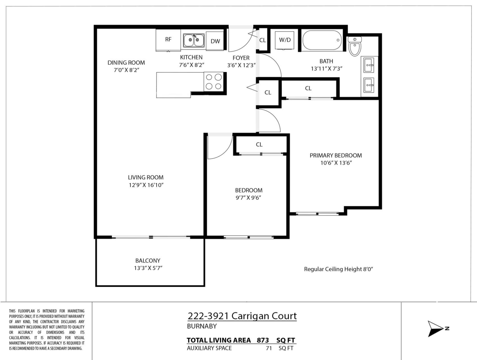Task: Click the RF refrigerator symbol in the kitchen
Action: point(168,40)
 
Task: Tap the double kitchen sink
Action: point(194,40)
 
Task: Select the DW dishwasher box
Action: point(215,41)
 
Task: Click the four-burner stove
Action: point(213,82)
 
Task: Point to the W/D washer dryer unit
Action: point(285,40)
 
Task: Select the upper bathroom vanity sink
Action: point(368,65)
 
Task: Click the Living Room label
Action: point(145,178)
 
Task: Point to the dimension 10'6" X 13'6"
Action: point(336,163)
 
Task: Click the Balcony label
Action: point(147,261)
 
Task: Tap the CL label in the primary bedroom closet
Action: point(308,88)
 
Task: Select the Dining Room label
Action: point(126,62)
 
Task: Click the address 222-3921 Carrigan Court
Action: point(242,316)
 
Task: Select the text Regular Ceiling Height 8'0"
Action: point(338,269)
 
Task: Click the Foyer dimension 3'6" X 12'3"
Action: point(241,65)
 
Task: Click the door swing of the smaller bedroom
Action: point(220,145)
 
